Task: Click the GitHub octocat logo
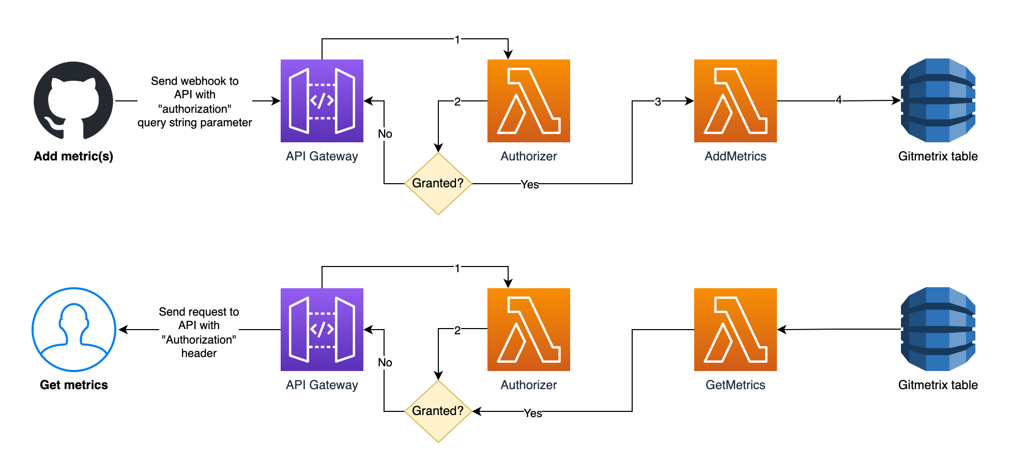tap(73, 101)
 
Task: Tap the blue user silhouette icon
tap(74, 330)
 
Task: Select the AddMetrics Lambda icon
tap(735, 101)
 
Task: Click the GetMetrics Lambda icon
tap(735, 330)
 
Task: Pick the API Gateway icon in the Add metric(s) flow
tap(322, 101)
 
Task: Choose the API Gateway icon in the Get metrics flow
tap(322, 330)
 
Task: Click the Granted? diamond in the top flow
tap(438, 183)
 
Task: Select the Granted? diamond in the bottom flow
tap(438, 411)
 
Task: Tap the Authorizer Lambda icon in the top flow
tap(528, 101)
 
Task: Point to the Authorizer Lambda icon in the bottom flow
tap(528, 330)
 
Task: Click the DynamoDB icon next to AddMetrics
tap(938, 100)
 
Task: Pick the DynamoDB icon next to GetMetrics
tap(938, 329)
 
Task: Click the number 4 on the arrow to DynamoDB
tap(839, 100)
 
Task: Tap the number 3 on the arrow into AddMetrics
tap(658, 102)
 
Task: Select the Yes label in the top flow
tap(530, 185)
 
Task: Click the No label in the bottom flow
tap(385, 363)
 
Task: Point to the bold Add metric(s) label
tap(73, 156)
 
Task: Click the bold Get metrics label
tap(74, 385)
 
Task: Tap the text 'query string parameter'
tap(195, 123)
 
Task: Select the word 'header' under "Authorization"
tap(199, 353)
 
